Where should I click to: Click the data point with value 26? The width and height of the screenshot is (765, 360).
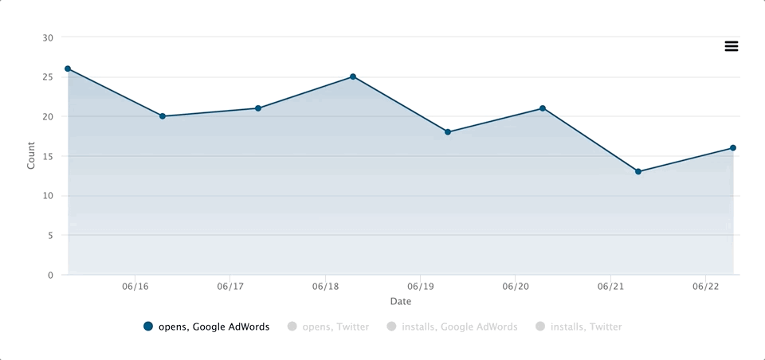pyautogui.click(x=68, y=68)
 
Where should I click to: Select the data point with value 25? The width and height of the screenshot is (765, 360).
pyautogui.click(x=353, y=76)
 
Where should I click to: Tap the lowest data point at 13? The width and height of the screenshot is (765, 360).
pyautogui.click(x=638, y=171)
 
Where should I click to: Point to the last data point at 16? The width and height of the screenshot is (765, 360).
pyautogui.click(x=733, y=148)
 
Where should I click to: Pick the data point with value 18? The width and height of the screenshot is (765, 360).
pyautogui.click(x=448, y=132)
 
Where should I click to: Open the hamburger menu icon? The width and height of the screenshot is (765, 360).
pyautogui.click(x=732, y=46)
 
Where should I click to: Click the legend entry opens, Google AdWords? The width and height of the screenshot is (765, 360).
pyautogui.click(x=206, y=327)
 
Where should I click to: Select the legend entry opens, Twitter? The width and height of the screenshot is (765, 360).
pyautogui.click(x=328, y=327)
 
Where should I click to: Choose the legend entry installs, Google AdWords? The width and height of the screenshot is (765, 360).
pyautogui.click(x=451, y=327)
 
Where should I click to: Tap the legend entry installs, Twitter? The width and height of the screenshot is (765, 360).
pyautogui.click(x=579, y=327)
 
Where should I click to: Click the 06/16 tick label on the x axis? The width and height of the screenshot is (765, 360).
pyautogui.click(x=135, y=286)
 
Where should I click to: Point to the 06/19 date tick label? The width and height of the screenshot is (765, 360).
pyautogui.click(x=420, y=286)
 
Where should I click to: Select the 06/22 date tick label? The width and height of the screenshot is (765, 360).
pyautogui.click(x=705, y=286)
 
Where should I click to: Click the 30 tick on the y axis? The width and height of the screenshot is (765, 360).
pyautogui.click(x=48, y=37)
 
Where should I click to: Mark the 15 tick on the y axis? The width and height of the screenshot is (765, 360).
pyautogui.click(x=48, y=156)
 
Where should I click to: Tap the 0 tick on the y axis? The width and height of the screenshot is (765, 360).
pyautogui.click(x=50, y=275)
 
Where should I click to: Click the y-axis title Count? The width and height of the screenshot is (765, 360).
pyautogui.click(x=31, y=155)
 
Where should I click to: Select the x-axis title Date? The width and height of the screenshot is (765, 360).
pyautogui.click(x=401, y=302)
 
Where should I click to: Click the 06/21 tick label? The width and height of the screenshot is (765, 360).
pyautogui.click(x=610, y=286)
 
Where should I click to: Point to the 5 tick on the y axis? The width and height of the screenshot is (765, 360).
pyautogui.click(x=50, y=235)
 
